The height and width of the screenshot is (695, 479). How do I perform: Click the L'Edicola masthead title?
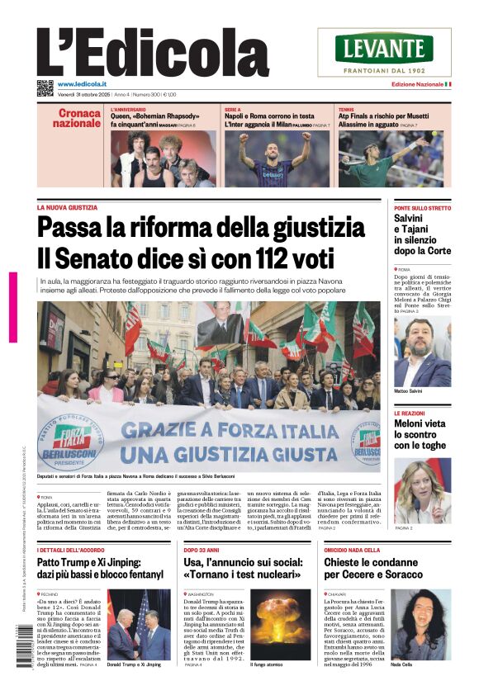coord(153,51)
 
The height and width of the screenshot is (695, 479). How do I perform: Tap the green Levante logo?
coord(384,48)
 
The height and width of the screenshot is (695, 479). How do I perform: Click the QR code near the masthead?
coord(45,87)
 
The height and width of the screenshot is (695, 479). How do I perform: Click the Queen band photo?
coord(163,158)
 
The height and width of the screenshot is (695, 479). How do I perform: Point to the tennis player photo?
coord(389,158)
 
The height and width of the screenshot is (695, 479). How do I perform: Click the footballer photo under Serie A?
coord(276,158)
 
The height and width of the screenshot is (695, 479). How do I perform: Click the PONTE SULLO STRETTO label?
coord(422,208)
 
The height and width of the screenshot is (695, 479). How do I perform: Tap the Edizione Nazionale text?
coord(416,84)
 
